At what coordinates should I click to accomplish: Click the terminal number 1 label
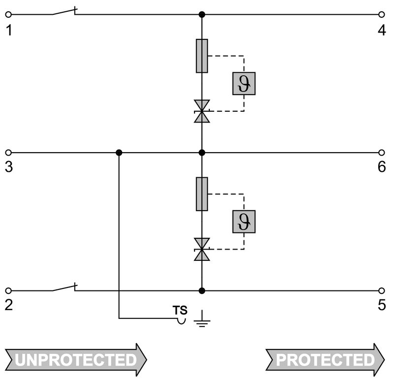pyautogui.click(x=8, y=31)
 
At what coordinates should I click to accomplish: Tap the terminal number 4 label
pyautogui.click(x=382, y=31)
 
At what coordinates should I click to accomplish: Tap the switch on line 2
pyautogui.click(x=64, y=287)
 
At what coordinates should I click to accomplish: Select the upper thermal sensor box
pyautogui.click(x=244, y=84)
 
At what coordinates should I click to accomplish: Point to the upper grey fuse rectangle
pyautogui.click(x=202, y=56)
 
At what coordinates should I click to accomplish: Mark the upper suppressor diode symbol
pyautogui.click(x=202, y=111)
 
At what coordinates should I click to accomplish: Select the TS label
pyautogui.click(x=180, y=310)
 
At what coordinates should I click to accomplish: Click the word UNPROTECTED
pyautogui.click(x=75, y=360)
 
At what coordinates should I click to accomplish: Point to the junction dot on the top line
pyautogui.click(x=202, y=15)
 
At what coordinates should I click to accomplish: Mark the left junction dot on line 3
pyautogui.click(x=119, y=153)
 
